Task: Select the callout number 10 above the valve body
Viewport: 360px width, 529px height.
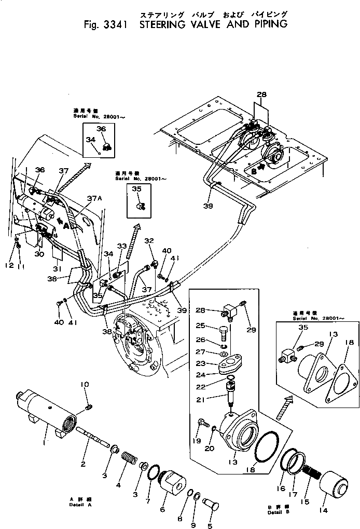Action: click(85, 385)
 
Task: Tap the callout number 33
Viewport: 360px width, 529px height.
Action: click(121, 246)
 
